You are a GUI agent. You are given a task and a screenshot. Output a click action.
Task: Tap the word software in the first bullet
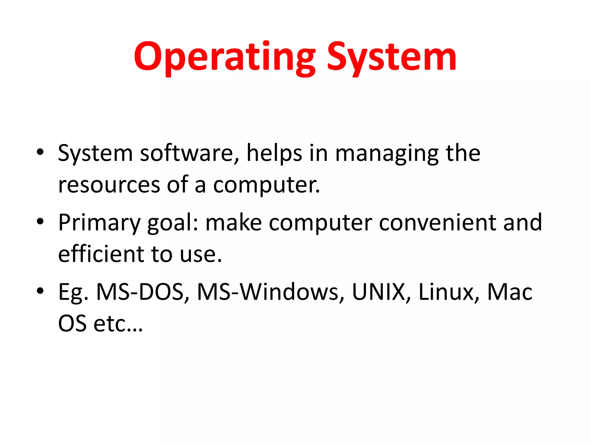click(x=190, y=153)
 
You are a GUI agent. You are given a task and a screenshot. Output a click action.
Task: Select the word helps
click(x=274, y=153)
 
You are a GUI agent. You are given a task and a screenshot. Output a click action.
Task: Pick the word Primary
click(x=99, y=223)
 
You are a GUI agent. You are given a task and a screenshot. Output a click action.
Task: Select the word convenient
click(x=437, y=223)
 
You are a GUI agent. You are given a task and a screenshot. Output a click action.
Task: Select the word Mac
click(x=510, y=292)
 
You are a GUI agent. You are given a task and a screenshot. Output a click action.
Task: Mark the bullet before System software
click(x=40, y=152)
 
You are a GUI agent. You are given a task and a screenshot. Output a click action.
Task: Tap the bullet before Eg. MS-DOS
click(x=40, y=291)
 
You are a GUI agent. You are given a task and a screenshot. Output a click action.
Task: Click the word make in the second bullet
click(x=233, y=223)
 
